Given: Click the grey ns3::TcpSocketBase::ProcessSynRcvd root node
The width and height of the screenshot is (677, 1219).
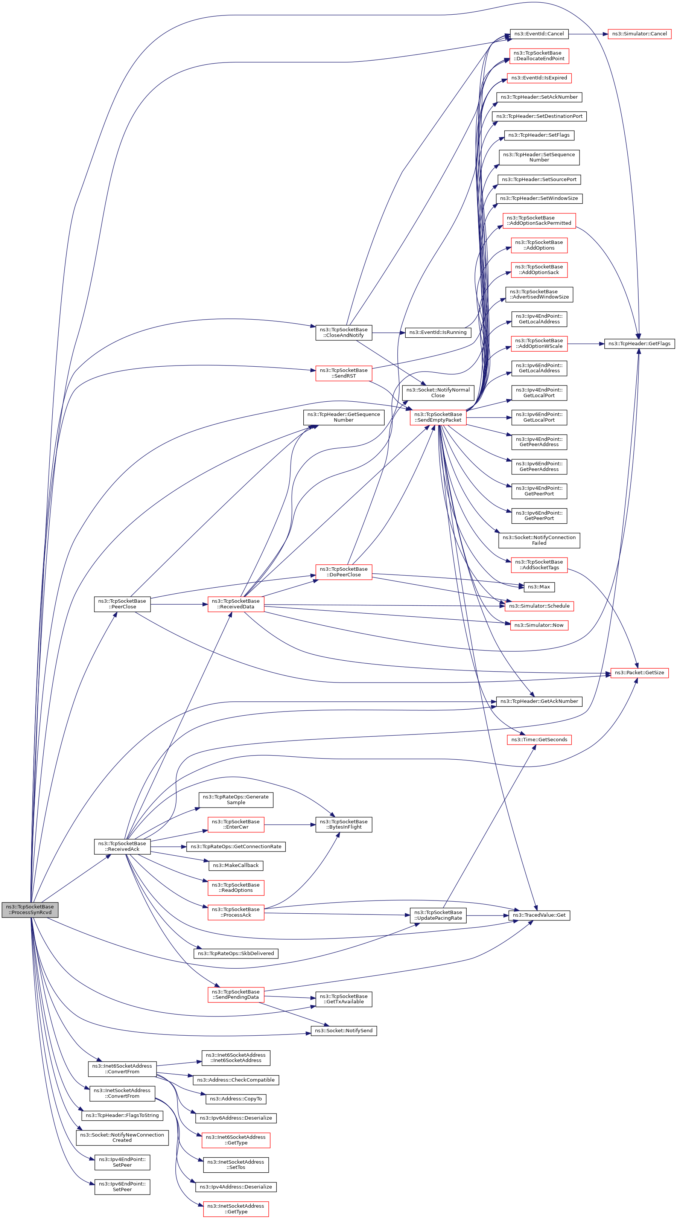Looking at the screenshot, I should [30, 910].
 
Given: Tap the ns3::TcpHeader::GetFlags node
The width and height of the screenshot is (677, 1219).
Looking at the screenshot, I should [639, 344].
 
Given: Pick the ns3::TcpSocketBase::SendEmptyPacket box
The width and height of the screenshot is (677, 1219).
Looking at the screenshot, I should [438, 417].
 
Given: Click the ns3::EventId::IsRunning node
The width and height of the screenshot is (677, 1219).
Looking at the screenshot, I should [438, 332].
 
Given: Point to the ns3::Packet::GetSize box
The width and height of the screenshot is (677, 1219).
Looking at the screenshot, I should [639, 672].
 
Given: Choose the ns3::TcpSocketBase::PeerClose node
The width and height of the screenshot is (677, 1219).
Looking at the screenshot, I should [122, 604].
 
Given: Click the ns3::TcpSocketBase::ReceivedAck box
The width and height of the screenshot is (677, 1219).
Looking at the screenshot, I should [122, 846].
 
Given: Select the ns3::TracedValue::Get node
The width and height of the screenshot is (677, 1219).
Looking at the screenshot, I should [539, 915].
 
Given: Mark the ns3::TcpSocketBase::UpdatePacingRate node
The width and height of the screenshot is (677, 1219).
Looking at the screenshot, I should [438, 915].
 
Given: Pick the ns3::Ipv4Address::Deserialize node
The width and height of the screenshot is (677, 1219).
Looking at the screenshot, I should [236, 1187].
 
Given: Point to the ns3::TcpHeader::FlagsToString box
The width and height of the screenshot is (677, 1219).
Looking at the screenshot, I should [122, 1115].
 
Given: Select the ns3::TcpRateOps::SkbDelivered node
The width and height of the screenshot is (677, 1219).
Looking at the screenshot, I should [236, 953].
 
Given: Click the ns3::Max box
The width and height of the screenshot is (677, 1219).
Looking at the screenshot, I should [539, 587].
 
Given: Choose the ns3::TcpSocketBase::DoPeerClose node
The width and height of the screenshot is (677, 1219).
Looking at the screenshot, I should [344, 571].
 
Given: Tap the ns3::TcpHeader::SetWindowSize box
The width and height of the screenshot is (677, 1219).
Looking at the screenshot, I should [539, 198].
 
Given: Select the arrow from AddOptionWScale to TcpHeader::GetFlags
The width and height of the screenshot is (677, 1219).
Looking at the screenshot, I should [586, 344].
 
